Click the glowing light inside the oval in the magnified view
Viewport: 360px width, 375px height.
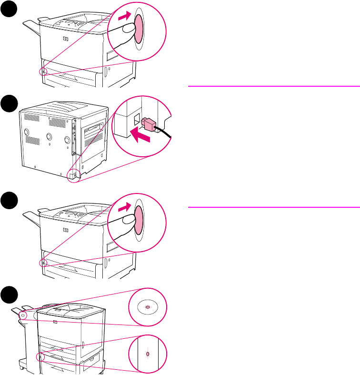tap(147, 307)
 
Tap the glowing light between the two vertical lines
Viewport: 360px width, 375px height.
tap(147, 354)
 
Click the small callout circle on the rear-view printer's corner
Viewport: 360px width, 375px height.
tap(72, 176)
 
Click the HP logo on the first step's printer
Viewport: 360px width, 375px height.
tap(65, 39)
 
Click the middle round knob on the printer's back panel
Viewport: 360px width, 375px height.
tap(50, 137)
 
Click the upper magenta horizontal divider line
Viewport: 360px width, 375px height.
tap(273, 86)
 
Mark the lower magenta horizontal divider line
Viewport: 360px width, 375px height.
tap(273, 207)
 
